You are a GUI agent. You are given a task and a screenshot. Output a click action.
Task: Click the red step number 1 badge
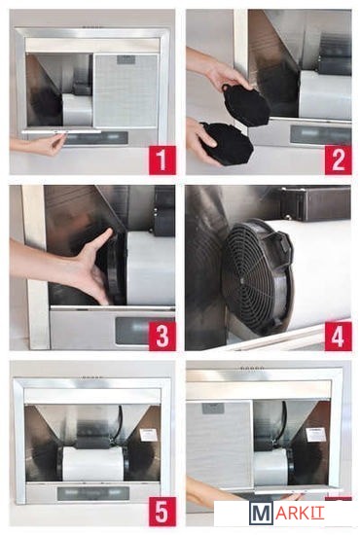[162, 160]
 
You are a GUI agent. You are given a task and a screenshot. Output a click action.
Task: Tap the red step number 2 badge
[338, 160]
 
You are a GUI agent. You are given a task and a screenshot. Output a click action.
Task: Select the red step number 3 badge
[162, 336]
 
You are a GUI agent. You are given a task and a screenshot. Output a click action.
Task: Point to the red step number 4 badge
[338, 336]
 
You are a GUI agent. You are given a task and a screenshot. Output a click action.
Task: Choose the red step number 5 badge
[162, 512]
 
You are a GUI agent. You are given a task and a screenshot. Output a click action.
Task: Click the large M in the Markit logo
[261, 514]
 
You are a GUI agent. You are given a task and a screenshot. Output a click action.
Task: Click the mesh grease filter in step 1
[126, 90]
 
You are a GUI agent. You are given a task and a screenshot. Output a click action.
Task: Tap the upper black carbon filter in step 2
[247, 103]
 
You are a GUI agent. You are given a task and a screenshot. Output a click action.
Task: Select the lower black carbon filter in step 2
[227, 143]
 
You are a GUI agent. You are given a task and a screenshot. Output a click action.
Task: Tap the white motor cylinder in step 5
[92, 463]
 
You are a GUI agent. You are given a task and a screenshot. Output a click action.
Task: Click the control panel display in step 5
[92, 493]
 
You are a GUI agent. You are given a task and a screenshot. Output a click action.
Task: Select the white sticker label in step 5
[148, 435]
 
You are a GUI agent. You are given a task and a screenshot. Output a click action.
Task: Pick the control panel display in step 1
[96, 138]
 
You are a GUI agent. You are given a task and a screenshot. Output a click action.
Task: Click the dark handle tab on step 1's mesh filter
[126, 59]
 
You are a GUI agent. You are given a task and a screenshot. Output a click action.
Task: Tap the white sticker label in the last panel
[314, 434]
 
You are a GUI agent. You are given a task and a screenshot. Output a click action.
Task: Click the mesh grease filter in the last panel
[220, 445]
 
